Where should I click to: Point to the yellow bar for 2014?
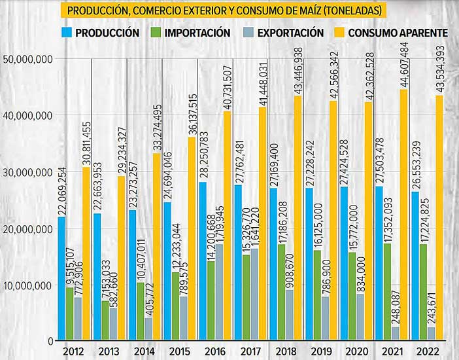(157, 249)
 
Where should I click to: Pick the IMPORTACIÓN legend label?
(197, 32)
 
